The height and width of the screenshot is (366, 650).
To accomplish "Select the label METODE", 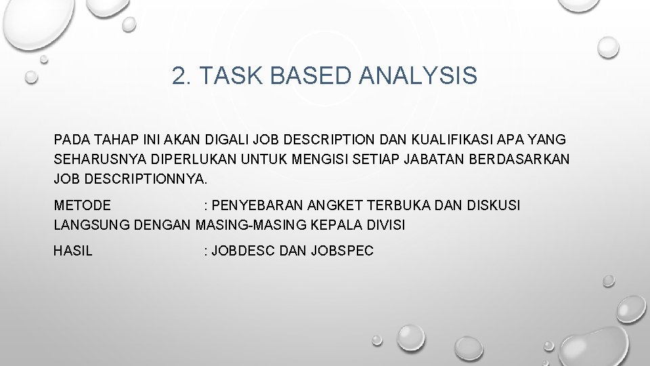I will pos(83,205).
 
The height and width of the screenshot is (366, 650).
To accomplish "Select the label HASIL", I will pos(73,251).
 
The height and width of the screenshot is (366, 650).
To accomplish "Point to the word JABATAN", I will pos(434,160).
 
